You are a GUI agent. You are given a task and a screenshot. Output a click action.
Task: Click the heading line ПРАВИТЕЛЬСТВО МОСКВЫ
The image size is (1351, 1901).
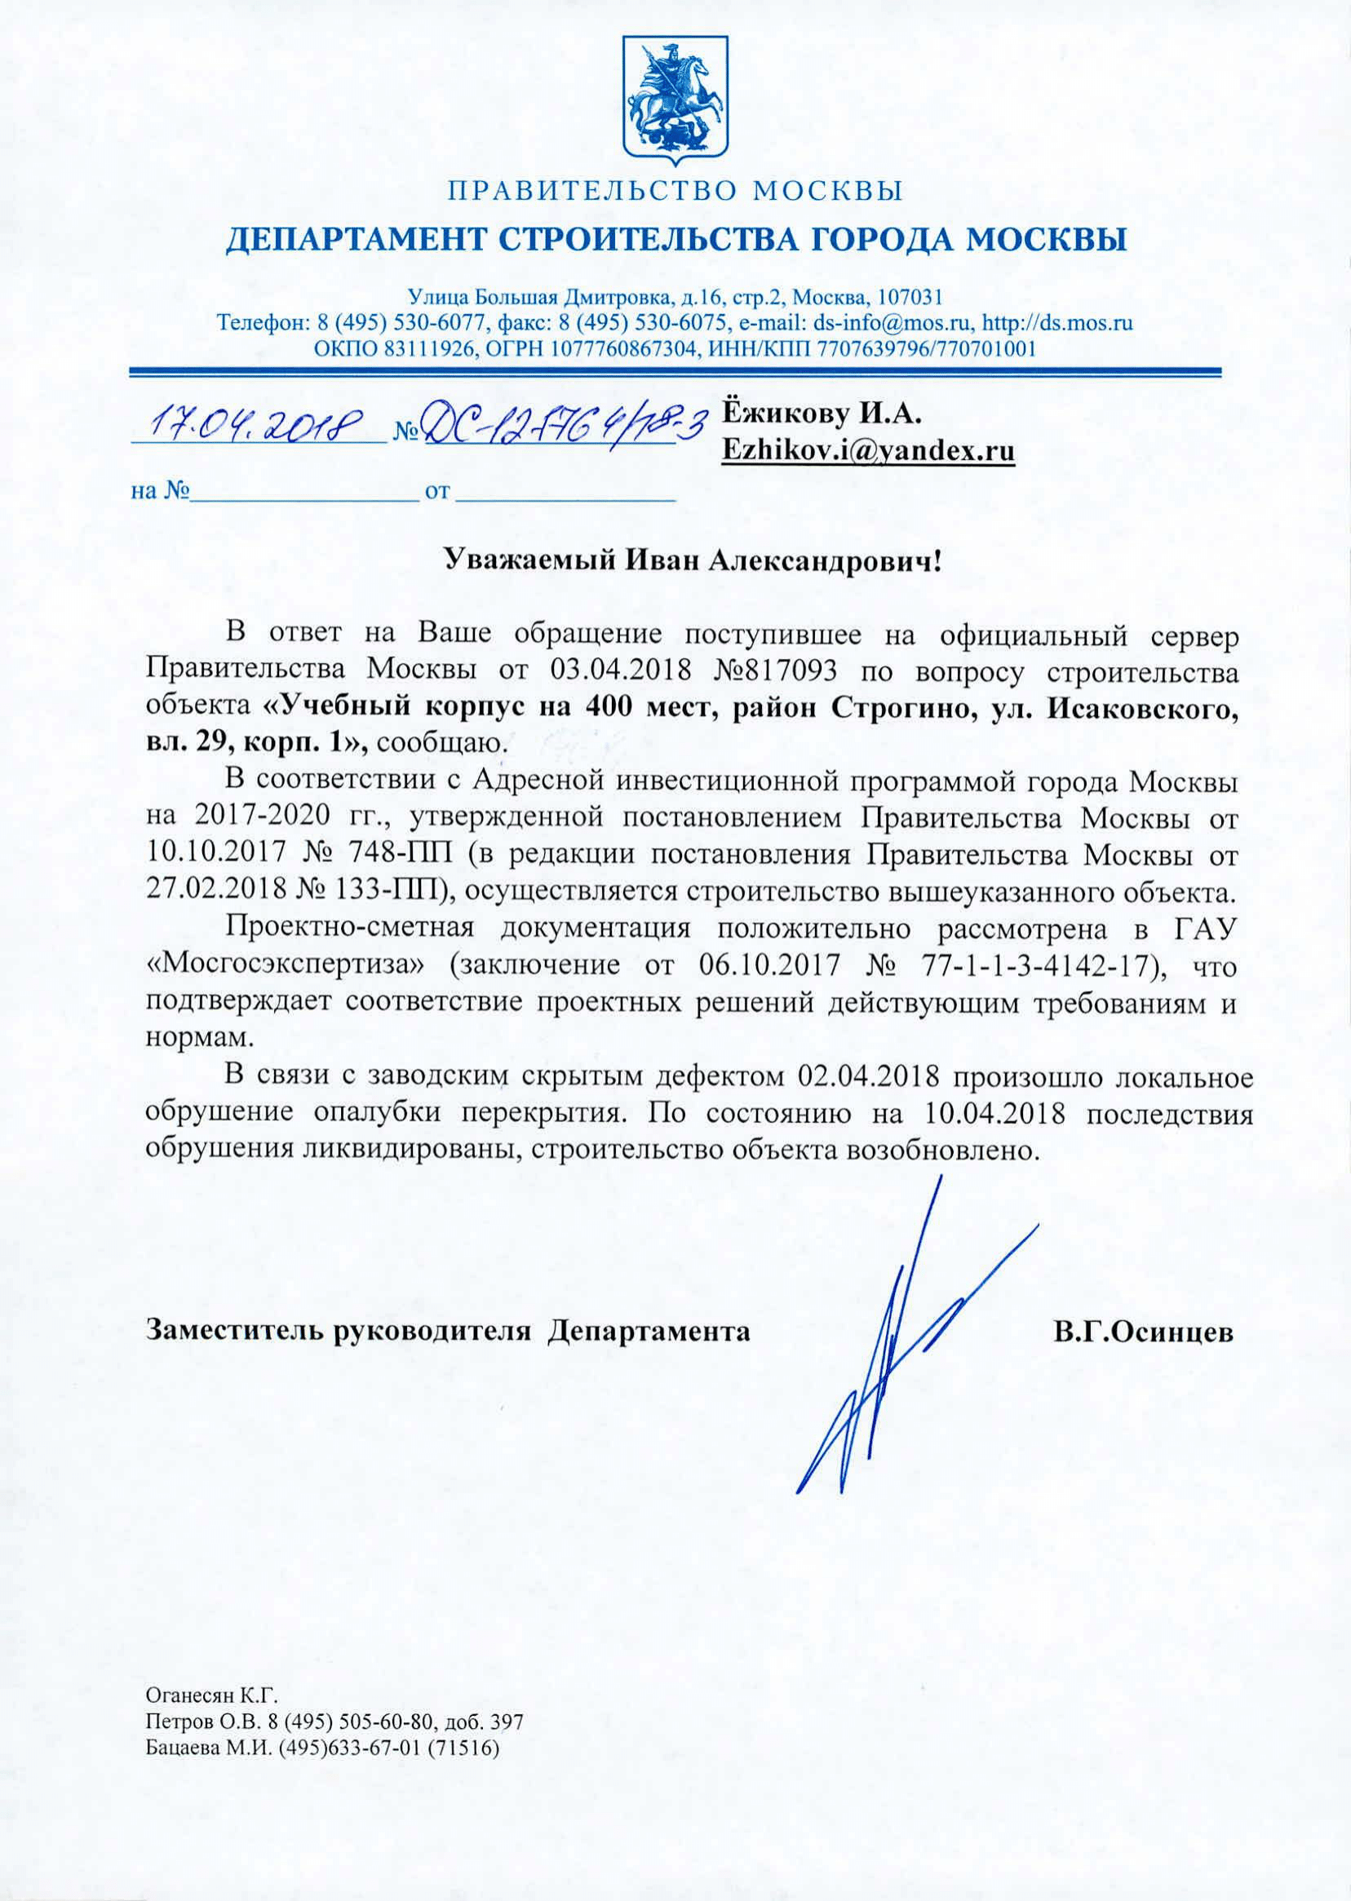coord(675,193)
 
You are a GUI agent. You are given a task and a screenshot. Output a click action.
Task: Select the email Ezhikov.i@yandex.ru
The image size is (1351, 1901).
coord(869,452)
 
